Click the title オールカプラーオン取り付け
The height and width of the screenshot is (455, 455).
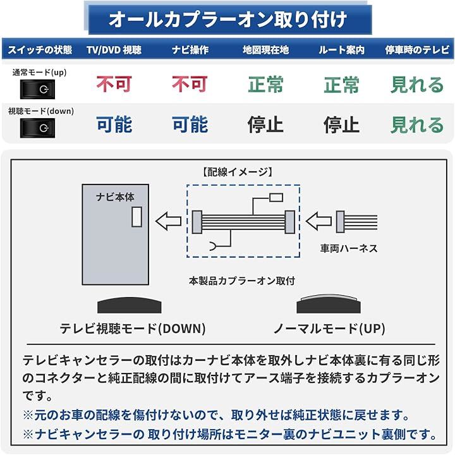pyautogui.click(x=227, y=19)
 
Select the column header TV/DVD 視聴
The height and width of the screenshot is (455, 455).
pyautogui.click(x=114, y=49)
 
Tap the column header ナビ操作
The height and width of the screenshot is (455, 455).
pyautogui.click(x=190, y=49)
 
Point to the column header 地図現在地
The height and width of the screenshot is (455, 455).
pyautogui.click(x=265, y=49)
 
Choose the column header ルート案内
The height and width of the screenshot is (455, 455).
pyautogui.click(x=341, y=49)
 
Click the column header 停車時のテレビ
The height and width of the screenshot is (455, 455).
pyautogui.click(x=417, y=49)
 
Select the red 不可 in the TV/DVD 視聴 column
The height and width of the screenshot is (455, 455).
pyautogui.click(x=114, y=85)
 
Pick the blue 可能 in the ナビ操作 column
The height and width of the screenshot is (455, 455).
pyautogui.click(x=190, y=124)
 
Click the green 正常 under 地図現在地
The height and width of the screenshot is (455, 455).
pyautogui.click(x=265, y=85)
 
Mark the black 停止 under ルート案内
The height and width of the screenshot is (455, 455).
pyautogui.click(x=341, y=124)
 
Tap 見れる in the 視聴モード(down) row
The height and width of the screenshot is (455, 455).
pyautogui.click(x=417, y=124)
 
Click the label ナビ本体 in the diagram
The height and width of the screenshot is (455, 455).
pyautogui.click(x=115, y=197)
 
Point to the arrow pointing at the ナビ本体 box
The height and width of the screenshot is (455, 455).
pyautogui.click(x=168, y=221)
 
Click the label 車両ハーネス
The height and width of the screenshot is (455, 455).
pyautogui.click(x=349, y=248)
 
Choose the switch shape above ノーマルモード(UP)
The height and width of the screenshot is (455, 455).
pyautogui.click(x=329, y=305)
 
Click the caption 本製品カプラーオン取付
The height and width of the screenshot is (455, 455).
pyautogui.click(x=242, y=280)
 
